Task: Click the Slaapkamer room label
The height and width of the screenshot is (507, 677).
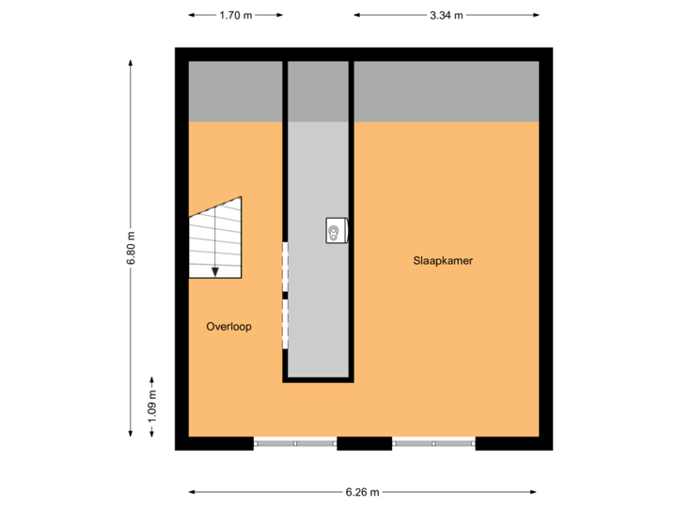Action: [x=442, y=261]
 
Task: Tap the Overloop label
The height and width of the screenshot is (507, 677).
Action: [x=228, y=327]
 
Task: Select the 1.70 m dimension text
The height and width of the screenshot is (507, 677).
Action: [x=235, y=15]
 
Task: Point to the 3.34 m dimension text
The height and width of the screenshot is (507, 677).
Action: [x=447, y=15]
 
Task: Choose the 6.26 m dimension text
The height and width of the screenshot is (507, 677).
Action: [x=363, y=491]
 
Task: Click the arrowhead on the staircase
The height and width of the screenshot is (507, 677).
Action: [x=215, y=272]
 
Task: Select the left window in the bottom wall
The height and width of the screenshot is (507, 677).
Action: [x=295, y=443]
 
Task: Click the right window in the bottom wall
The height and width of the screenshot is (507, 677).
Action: [x=433, y=443]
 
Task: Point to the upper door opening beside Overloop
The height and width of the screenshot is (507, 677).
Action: [x=285, y=267]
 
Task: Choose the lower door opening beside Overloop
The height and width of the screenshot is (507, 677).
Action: [x=285, y=324]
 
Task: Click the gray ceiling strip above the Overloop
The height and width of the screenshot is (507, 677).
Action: [x=235, y=92]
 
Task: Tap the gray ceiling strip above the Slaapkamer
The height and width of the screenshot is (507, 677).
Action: [x=447, y=92]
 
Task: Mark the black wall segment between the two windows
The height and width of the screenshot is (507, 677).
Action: [x=364, y=443]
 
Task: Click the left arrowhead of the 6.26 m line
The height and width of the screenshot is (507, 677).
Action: [x=192, y=491]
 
